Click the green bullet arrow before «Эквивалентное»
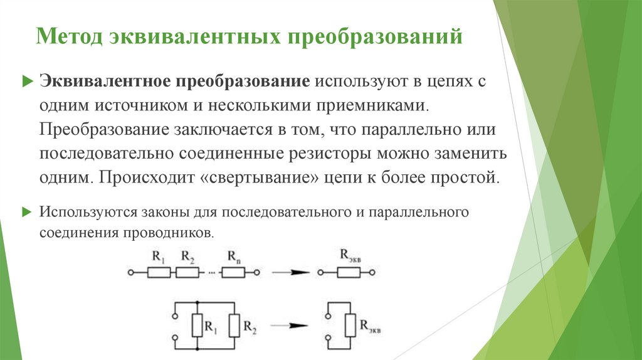click(x=26, y=82)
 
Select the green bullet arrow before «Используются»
click(x=26, y=211)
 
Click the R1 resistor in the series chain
click(x=159, y=272)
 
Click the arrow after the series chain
click(x=292, y=272)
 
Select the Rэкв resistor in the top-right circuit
click(x=348, y=272)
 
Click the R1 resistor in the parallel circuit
click(x=197, y=326)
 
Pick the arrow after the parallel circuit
click(x=292, y=326)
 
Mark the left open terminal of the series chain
click(x=130, y=272)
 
